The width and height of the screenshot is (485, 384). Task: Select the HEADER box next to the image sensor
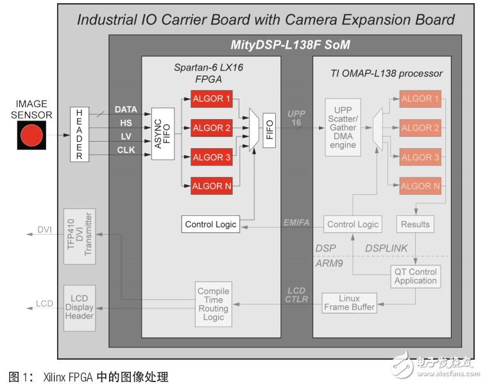pos(80,135)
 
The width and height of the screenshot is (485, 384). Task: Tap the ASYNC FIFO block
pos(163,133)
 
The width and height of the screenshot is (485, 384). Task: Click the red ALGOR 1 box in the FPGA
pos(211,99)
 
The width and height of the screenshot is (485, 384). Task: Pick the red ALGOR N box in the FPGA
pos(211,186)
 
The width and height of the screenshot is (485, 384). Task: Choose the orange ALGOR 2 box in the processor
pos(420,128)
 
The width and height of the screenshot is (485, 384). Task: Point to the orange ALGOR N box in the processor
pos(420,186)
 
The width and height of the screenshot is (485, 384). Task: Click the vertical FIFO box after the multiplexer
pos(269,128)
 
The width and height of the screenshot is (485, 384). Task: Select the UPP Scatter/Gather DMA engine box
pos(343,128)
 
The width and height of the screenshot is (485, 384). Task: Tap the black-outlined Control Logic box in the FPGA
pos(210,224)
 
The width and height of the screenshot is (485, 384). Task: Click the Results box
pos(415,224)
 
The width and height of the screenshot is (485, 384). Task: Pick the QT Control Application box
pos(415,276)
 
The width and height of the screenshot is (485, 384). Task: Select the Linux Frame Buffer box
pos(350,303)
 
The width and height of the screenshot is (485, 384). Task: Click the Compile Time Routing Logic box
pos(214,304)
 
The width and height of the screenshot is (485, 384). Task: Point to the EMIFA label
pos(296,223)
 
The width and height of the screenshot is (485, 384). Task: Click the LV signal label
pos(126,137)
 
